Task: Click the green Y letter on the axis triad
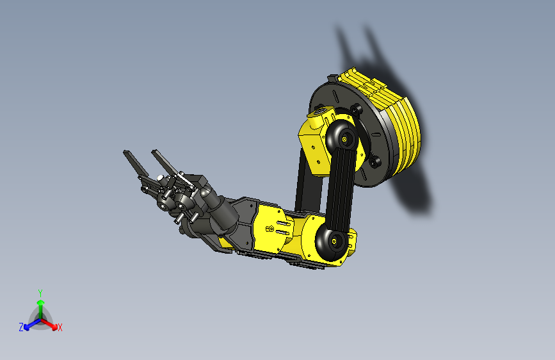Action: (40, 292)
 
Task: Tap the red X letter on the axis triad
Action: (60, 327)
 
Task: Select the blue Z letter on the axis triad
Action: (21, 327)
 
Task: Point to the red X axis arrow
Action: (51, 323)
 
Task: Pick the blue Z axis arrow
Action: (29, 324)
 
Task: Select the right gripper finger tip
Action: (156, 154)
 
